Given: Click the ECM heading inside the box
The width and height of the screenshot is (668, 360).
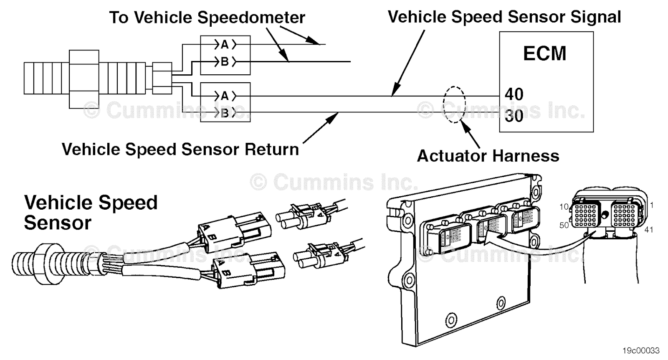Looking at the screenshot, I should [x=544, y=53].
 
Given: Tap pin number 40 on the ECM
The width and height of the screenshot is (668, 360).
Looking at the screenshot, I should [x=514, y=94].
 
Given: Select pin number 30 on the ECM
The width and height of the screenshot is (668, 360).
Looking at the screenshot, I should [x=514, y=116].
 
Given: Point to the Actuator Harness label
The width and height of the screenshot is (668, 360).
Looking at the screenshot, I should [x=488, y=156].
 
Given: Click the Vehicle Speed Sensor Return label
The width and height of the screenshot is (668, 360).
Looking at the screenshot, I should [x=180, y=149].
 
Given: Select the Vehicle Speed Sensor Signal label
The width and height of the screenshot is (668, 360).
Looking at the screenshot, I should [x=504, y=17].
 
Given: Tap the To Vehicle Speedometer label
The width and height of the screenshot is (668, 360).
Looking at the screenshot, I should [x=207, y=18].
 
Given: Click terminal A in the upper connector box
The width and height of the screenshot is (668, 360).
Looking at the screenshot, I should [x=225, y=44].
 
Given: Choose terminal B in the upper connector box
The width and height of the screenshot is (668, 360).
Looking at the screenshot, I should [x=225, y=62].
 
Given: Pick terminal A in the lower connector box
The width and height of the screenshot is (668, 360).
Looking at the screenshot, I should [x=225, y=96].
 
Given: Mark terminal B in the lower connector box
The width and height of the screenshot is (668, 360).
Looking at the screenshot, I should [x=225, y=113].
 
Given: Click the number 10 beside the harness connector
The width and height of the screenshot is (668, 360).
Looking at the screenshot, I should [x=564, y=207].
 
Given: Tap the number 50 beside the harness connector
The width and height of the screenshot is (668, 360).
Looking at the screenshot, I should [x=564, y=225].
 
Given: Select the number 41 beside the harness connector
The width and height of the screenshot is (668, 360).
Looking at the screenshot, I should [x=648, y=230].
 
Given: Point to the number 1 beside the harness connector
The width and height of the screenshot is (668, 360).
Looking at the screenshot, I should [x=652, y=205].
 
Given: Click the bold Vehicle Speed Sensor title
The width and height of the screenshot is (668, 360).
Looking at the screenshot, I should [x=91, y=212].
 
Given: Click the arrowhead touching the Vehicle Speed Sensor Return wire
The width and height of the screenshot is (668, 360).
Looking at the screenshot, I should [x=334, y=116].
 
